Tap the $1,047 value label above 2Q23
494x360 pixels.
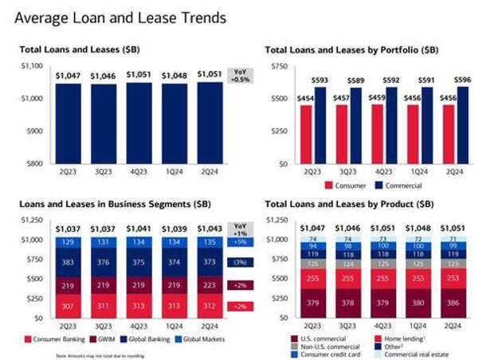click(x=68, y=76)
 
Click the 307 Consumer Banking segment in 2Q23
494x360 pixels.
click(x=67, y=306)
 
